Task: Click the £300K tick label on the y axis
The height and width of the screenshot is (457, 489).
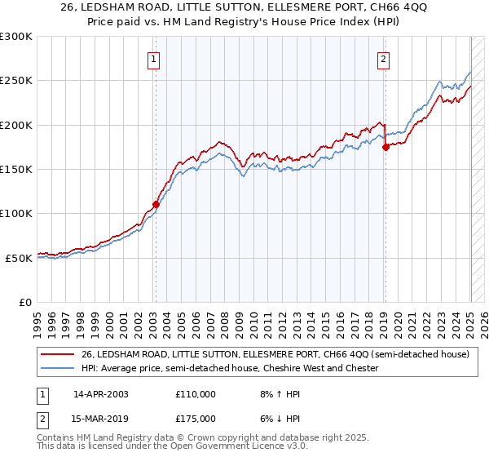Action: pyautogui.click(x=16, y=37)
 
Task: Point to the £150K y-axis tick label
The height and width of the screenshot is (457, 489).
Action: pyautogui.click(x=16, y=170)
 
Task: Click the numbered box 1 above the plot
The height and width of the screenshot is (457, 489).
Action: pyautogui.click(x=154, y=58)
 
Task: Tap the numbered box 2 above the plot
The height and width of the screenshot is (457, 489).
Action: pyautogui.click(x=383, y=58)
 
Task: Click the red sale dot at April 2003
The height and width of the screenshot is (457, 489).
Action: pyautogui.click(x=156, y=205)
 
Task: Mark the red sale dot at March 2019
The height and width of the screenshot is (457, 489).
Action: pyautogui.click(x=386, y=148)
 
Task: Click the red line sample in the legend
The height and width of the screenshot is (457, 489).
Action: pyautogui.click(x=57, y=355)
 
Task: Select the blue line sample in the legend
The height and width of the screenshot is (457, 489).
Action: pyautogui.click(x=57, y=369)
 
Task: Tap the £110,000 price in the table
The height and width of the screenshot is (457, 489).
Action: pyautogui.click(x=196, y=394)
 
